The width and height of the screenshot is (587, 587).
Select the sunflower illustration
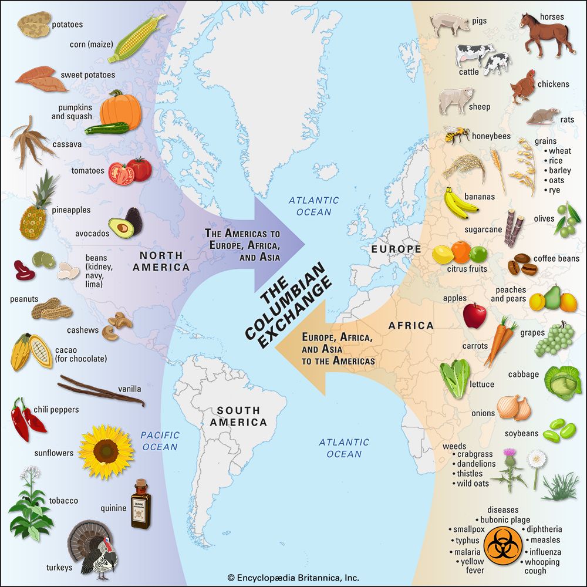(106, 451)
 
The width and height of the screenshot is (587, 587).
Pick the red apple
(474, 315)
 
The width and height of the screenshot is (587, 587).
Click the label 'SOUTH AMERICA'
(242, 416)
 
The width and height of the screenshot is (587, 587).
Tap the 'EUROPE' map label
(396, 249)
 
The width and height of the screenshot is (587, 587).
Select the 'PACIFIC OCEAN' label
(159, 441)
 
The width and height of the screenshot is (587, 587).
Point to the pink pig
(450, 24)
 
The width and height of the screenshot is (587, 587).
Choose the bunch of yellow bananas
(460, 203)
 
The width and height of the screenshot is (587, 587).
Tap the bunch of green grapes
(554, 339)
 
